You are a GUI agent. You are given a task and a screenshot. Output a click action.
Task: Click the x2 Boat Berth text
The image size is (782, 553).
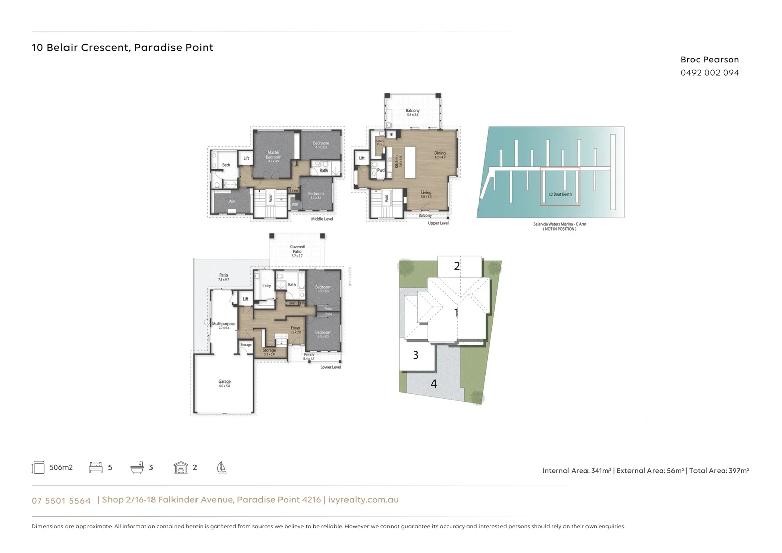point(560,194)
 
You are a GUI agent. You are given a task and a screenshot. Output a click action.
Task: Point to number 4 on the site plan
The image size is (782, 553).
point(433,384)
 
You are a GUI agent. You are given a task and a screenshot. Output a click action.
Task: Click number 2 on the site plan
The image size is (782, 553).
point(457,266)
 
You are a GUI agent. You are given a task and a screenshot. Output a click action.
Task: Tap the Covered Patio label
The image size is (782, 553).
point(297,249)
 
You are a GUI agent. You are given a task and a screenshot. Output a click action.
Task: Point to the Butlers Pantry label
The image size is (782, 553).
point(379,143)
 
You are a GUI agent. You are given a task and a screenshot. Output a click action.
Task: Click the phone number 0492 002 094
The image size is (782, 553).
point(709,73)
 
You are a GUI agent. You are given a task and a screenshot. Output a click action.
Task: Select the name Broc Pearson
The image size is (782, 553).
point(709,60)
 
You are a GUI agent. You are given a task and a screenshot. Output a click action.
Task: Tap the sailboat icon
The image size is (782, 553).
point(221,467)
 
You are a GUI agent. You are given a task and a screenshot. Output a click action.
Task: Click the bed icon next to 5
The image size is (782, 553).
point(96,467)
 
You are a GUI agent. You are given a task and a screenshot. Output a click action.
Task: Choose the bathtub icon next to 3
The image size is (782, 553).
point(137,467)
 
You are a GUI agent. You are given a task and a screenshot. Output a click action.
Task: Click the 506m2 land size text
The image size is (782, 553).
point(61,467)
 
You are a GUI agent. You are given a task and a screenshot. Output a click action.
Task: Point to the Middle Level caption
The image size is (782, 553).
point(322,219)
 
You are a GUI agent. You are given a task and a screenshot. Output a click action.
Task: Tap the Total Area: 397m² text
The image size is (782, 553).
point(719,470)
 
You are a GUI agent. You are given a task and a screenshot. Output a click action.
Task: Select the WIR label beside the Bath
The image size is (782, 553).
point(232,202)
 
